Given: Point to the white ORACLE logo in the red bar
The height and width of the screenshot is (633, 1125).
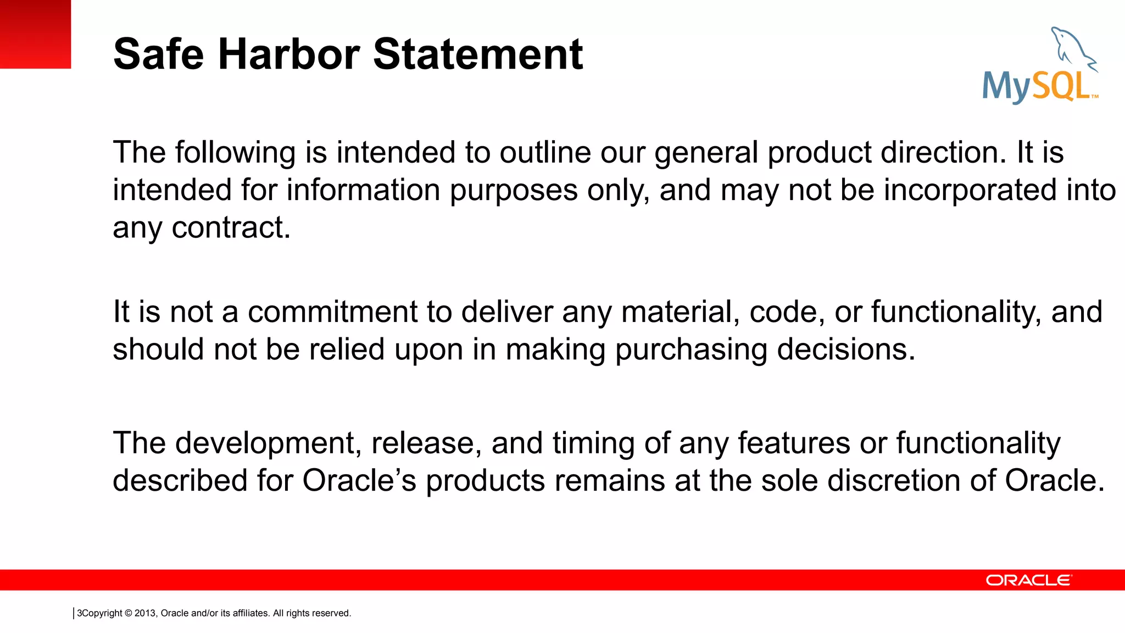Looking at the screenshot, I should tap(1028, 580).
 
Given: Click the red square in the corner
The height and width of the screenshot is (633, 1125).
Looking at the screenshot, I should tap(35, 34).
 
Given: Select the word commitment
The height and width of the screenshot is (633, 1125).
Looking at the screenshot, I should tap(332, 312).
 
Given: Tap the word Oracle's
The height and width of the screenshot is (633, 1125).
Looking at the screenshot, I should tap(359, 480).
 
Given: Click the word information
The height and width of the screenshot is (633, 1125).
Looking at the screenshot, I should tap(363, 190).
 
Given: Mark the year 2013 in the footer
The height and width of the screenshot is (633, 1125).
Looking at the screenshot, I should tap(145, 613).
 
